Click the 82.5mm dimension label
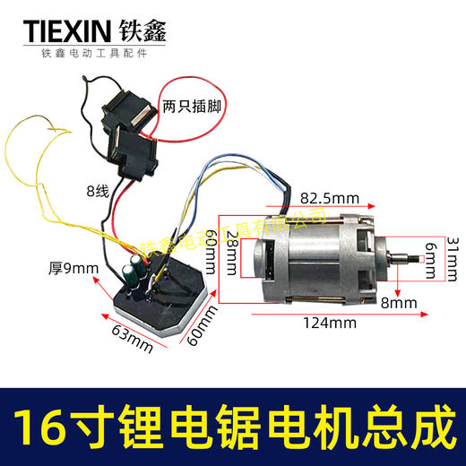(x=329, y=196)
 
